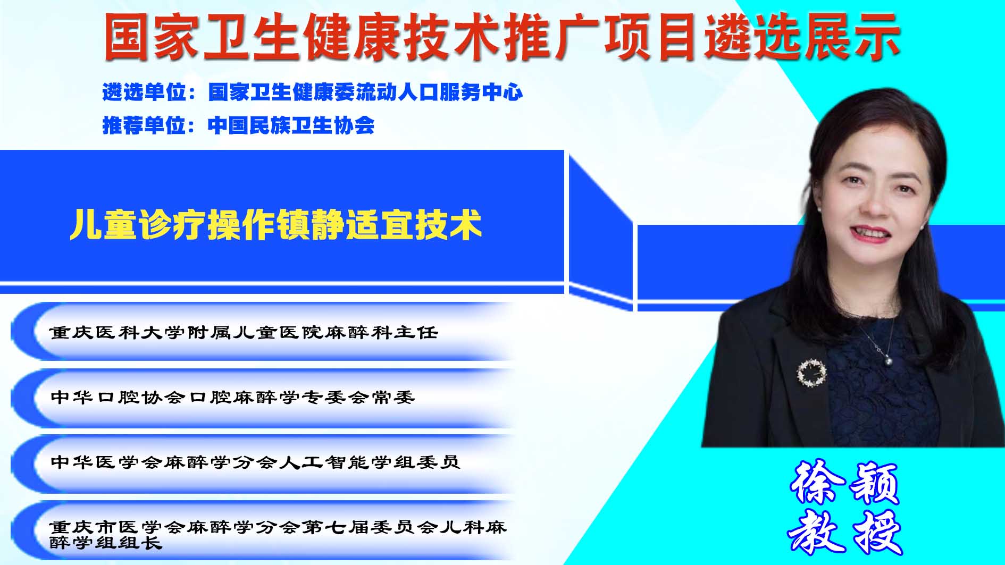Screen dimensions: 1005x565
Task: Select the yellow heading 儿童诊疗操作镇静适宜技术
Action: tap(275, 225)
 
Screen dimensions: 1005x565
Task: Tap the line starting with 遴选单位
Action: tap(313, 92)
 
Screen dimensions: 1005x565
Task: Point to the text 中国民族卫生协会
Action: tap(291, 125)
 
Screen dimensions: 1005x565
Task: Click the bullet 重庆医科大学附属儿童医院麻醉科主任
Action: tap(244, 333)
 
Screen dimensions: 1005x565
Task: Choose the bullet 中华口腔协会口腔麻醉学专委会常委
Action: tap(232, 398)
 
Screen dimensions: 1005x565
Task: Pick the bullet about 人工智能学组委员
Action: tap(255, 462)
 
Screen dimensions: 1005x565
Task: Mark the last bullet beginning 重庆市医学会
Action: tap(278, 535)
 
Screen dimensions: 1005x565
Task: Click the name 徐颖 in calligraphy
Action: tap(844, 483)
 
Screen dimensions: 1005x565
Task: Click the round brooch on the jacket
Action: tap(812, 372)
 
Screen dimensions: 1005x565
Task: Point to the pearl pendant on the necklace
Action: tap(887, 361)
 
